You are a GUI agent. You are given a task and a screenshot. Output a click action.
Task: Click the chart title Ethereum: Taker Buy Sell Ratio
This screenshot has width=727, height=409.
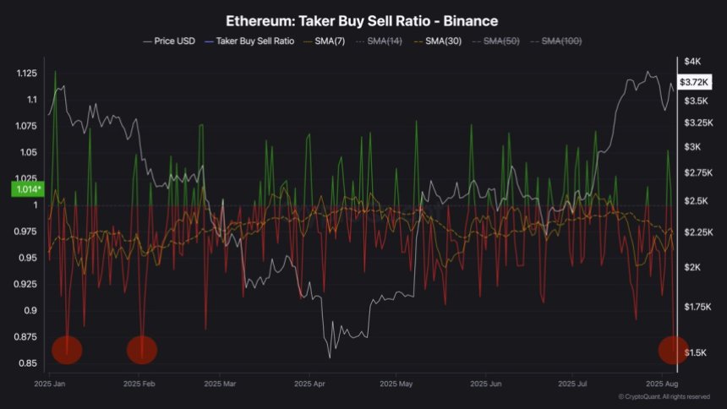(x=363, y=19)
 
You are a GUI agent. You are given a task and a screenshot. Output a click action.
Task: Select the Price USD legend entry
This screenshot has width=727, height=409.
(x=172, y=41)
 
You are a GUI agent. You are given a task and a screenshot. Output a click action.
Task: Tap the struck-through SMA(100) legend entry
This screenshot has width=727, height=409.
(x=561, y=41)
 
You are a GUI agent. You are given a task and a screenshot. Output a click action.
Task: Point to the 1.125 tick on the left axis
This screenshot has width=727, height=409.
(x=27, y=74)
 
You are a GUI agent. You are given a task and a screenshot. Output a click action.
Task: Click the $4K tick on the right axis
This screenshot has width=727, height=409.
(x=693, y=62)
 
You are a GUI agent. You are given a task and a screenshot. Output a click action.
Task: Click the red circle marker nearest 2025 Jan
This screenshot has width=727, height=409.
(x=68, y=349)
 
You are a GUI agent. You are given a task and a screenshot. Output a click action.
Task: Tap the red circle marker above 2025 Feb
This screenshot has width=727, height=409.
(x=142, y=349)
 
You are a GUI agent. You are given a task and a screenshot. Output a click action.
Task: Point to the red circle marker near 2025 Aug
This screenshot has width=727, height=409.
(x=673, y=349)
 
